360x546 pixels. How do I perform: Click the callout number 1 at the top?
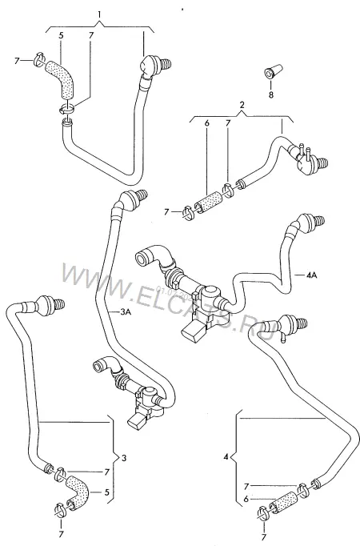[99, 14]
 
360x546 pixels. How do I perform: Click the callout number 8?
[271, 94]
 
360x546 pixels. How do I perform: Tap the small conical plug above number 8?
[274, 70]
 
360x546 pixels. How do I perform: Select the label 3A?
[126, 312]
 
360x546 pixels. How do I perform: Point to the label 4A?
[312, 275]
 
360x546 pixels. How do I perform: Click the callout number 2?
[242, 104]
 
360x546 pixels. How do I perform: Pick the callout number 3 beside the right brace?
[124, 458]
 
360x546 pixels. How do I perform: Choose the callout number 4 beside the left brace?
[226, 456]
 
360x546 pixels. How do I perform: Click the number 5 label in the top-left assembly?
[61, 35]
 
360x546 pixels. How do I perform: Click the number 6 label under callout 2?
[206, 123]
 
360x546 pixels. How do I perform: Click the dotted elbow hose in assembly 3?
[79, 491]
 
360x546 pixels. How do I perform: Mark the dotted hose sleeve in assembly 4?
[283, 500]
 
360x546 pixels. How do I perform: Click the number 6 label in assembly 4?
[246, 500]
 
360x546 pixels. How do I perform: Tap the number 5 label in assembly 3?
[106, 492]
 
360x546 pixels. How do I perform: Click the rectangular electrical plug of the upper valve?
[192, 331]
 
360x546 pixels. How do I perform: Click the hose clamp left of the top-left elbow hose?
[39, 59]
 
